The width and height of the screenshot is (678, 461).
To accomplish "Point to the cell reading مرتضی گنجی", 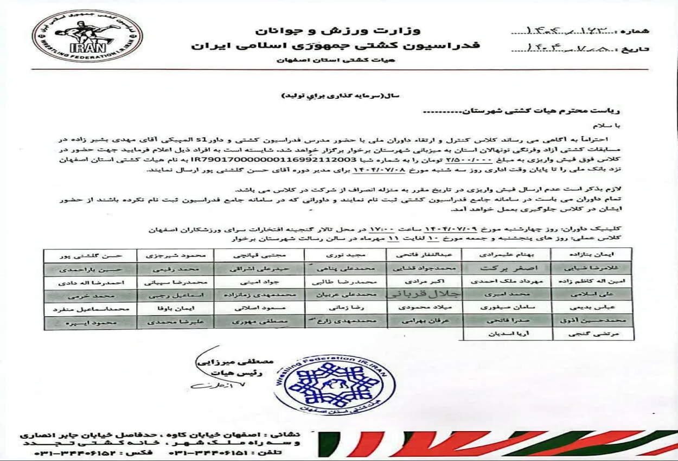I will pos(591,335).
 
